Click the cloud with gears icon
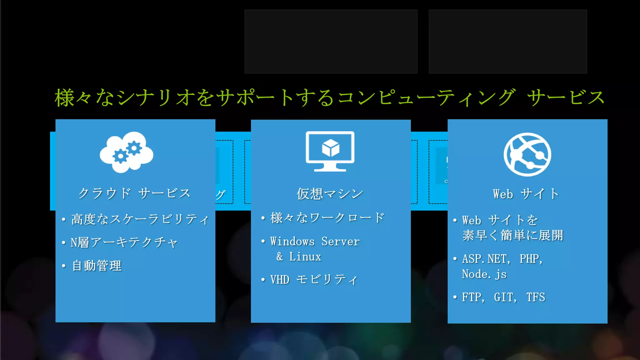coord(127,152)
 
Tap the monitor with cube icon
coord(330,151)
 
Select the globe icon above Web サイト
coord(527,155)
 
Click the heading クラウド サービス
coord(134,193)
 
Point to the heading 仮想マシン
coord(330,194)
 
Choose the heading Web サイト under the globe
coord(526,194)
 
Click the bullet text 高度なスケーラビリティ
coord(140,219)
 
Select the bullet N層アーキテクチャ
coord(124,242)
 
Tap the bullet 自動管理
coord(97,266)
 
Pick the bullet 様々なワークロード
coord(327,218)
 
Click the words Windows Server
coord(315,242)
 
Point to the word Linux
coord(305,257)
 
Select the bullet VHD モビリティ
coord(313,280)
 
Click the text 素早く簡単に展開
coord(512,235)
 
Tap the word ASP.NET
coord(486,259)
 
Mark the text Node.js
coord(484,274)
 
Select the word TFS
coord(536,297)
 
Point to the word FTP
coord(472,297)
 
